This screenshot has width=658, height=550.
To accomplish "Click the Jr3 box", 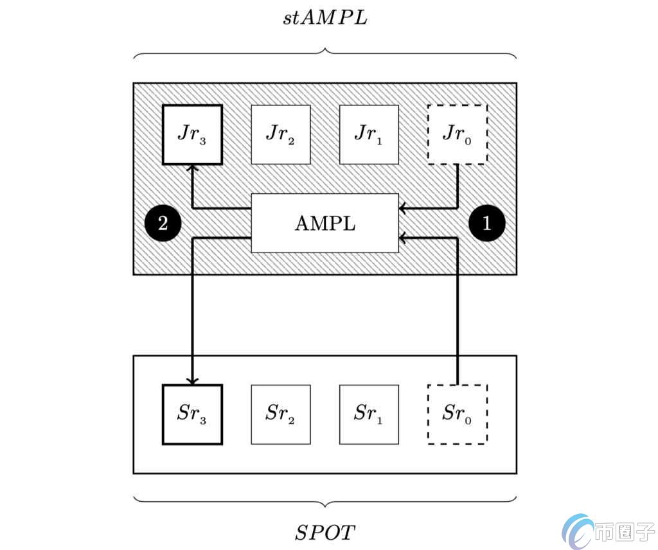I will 192,134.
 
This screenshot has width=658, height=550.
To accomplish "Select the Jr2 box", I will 281,134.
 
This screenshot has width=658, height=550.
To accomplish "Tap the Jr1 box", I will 369,134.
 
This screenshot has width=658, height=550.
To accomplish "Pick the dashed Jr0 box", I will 458,134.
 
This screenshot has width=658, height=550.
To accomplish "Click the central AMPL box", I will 325,223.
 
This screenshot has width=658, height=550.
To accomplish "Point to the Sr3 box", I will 192,414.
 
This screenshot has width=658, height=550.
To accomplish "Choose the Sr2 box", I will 281,414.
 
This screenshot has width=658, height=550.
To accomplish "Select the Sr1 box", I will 369,414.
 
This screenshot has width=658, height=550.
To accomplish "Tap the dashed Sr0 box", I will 458,414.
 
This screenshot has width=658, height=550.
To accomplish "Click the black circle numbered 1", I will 487,223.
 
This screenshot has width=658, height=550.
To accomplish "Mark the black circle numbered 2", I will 163,223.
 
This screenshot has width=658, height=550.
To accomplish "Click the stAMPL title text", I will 325,17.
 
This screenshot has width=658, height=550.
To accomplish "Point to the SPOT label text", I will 325,532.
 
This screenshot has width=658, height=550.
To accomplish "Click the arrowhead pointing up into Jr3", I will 192,168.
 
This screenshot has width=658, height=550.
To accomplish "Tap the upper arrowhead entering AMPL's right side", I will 403,208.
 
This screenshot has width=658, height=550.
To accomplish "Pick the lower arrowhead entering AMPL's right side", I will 403,238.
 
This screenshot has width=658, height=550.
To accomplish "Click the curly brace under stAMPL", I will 325,53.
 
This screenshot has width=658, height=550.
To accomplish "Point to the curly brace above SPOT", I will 325,499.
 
